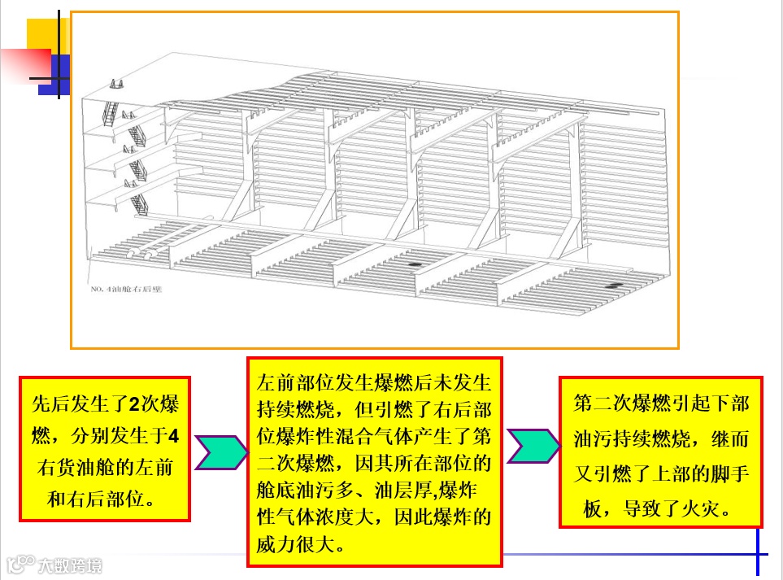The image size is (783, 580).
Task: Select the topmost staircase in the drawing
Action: (x=115, y=85)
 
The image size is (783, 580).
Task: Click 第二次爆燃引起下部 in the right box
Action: (x=661, y=404)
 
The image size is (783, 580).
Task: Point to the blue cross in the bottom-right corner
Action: (x=758, y=556)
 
